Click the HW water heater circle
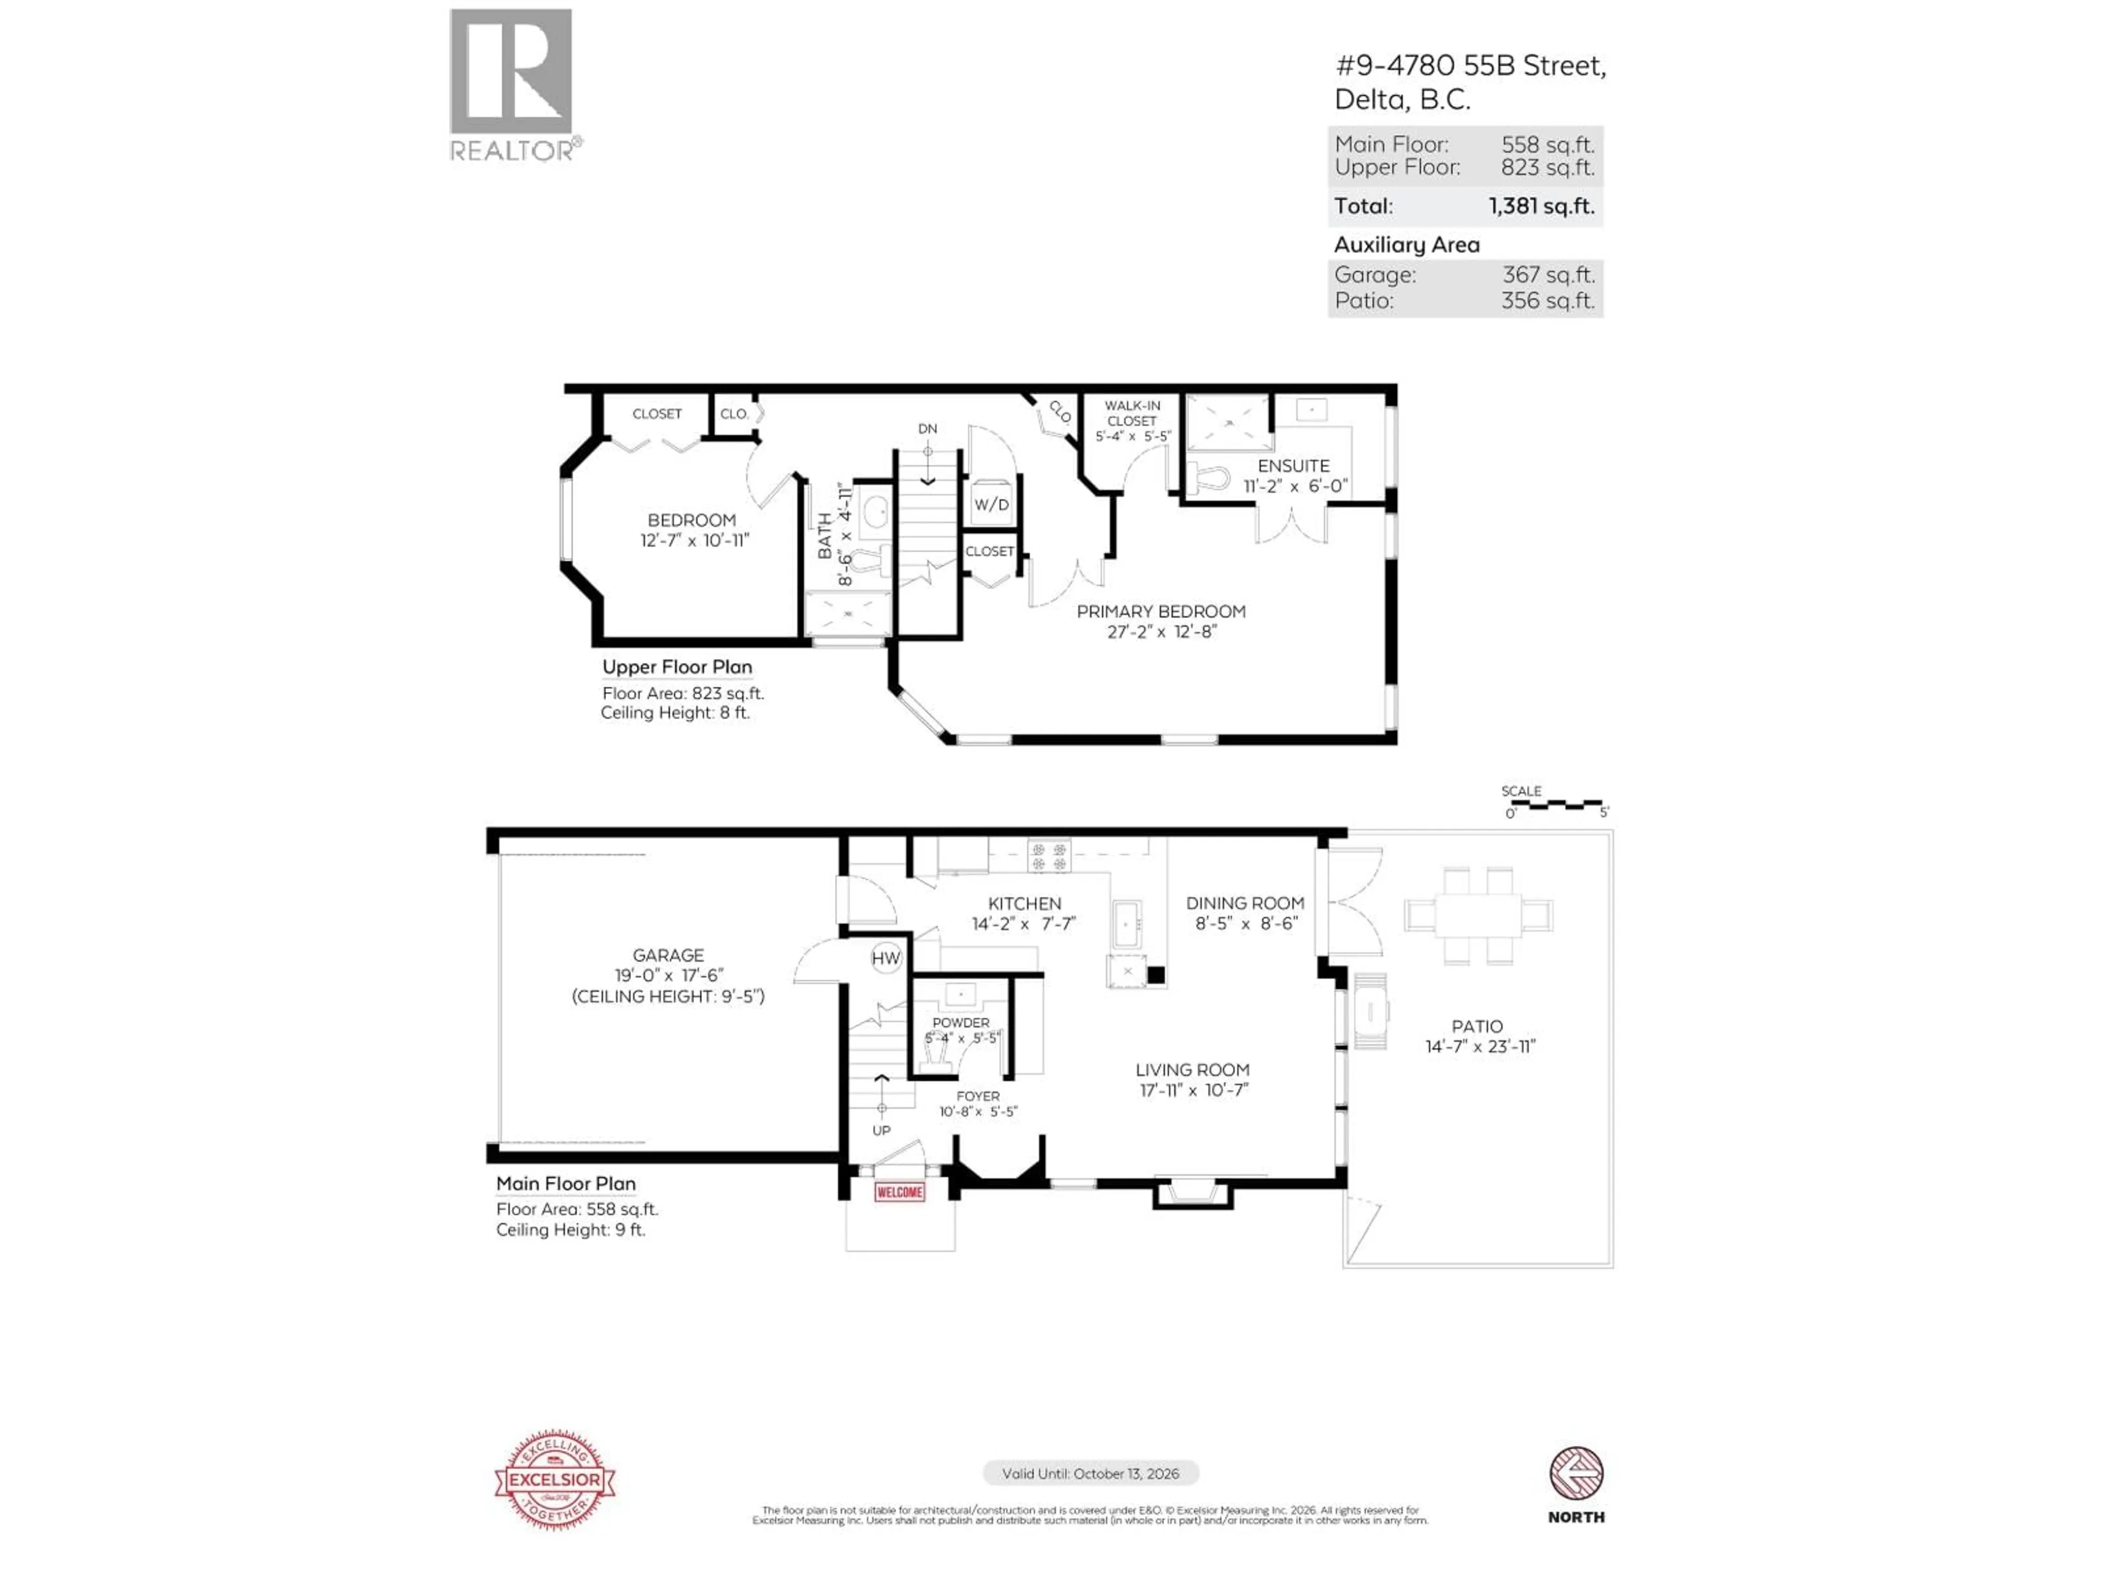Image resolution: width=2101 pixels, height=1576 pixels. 885,958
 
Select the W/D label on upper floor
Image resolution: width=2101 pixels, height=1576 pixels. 991,505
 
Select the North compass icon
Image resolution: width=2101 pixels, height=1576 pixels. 1576,1474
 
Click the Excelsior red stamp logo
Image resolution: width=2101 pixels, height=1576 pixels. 555,1480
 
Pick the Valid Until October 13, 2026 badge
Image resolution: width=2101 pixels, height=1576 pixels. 1090,1474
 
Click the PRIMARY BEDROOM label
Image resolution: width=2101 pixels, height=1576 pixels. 1160,612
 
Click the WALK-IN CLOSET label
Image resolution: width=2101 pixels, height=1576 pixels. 1132,413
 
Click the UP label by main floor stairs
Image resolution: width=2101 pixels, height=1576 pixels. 881,1131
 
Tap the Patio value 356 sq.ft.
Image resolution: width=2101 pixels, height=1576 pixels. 1547,301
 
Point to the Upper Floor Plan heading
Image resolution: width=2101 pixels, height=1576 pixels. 676,668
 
